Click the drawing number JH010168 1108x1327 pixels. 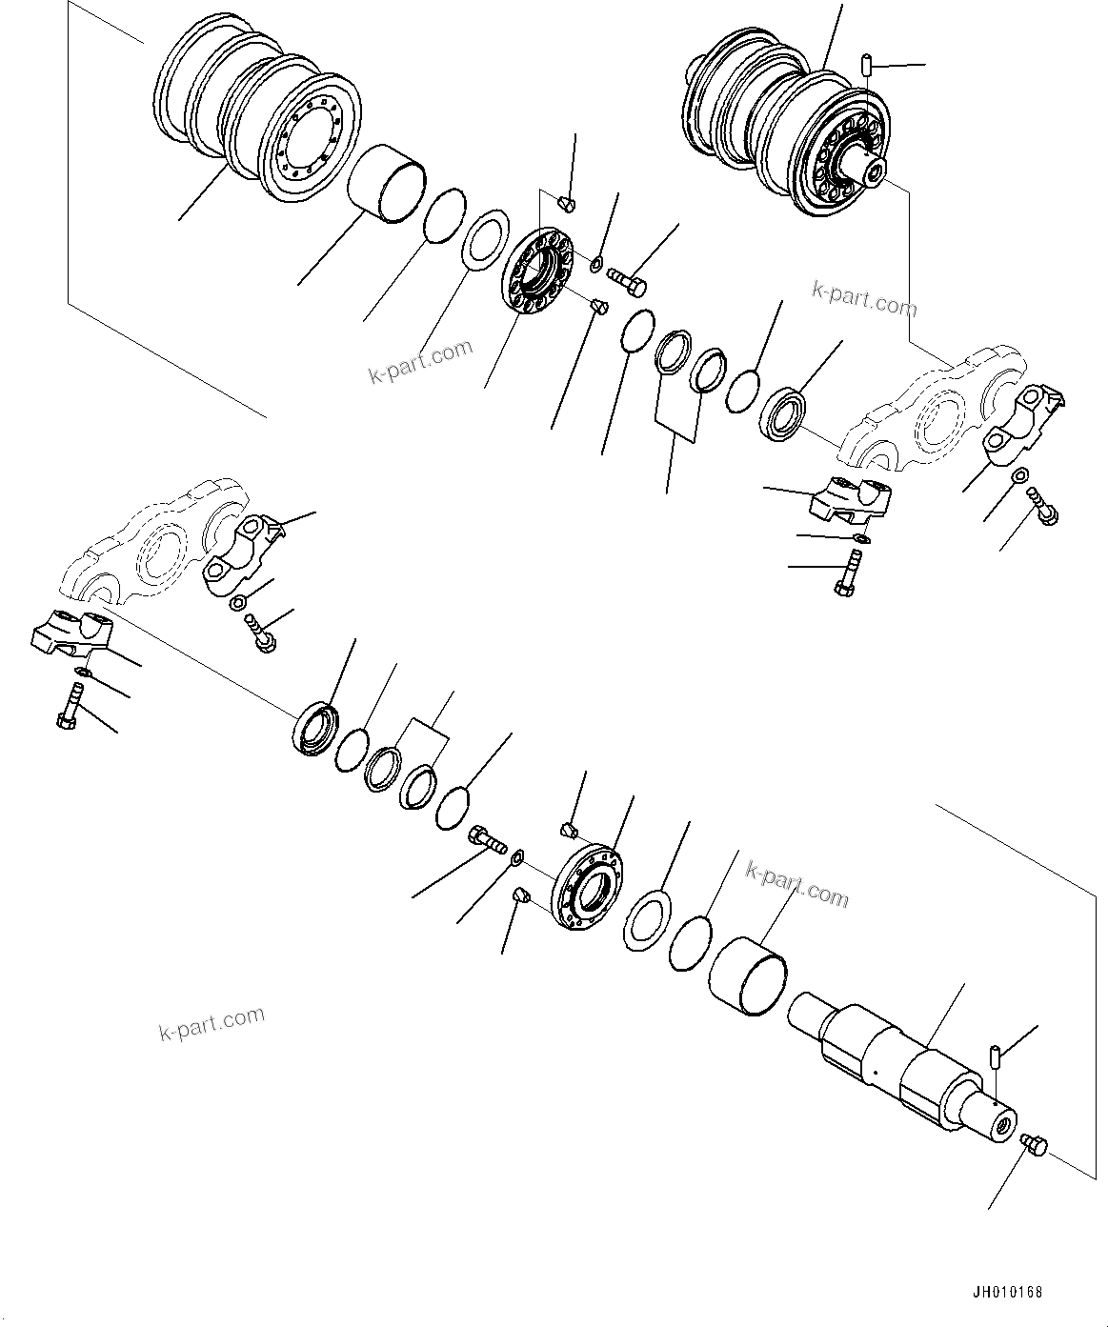tap(1008, 1293)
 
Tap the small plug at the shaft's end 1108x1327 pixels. tap(1034, 1145)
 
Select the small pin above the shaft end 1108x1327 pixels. tap(993, 1056)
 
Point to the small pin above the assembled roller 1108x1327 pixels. tap(866, 65)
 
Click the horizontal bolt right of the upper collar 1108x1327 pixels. tap(626, 280)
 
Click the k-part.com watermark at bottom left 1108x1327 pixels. tap(212, 1023)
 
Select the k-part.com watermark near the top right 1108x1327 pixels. tap(864, 298)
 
